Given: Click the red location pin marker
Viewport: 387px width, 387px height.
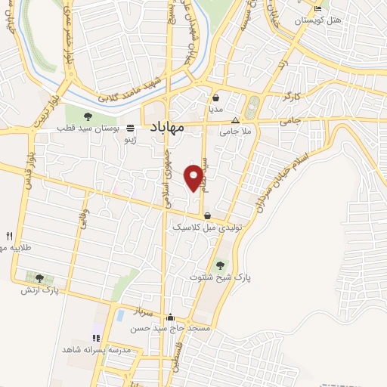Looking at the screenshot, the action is (x=197, y=176).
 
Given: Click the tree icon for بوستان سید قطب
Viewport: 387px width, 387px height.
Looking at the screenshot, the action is (x=88, y=116).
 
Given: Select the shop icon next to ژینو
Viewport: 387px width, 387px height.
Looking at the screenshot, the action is (x=130, y=128).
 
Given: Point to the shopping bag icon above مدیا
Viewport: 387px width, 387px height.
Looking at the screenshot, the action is (x=216, y=98).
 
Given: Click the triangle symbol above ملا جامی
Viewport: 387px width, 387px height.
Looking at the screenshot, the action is (x=235, y=120).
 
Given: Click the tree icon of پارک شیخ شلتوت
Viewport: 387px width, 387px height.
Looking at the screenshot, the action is (x=220, y=265).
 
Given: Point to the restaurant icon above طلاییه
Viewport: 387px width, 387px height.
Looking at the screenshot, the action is (x=10, y=235).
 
